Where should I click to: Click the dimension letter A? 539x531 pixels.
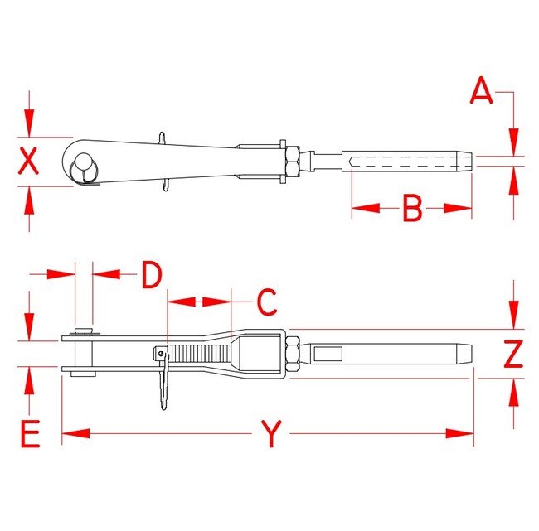coord(481,91)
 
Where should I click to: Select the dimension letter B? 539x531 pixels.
coord(412,209)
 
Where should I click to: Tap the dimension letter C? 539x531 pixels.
coord(265,302)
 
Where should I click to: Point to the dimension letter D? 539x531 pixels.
coord(150,275)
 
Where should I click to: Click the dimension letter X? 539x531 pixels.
coord(29,161)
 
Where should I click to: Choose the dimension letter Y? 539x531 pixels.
coord(270,433)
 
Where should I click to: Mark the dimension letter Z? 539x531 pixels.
coord(514,354)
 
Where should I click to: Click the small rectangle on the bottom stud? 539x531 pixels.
coord(328,354)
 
